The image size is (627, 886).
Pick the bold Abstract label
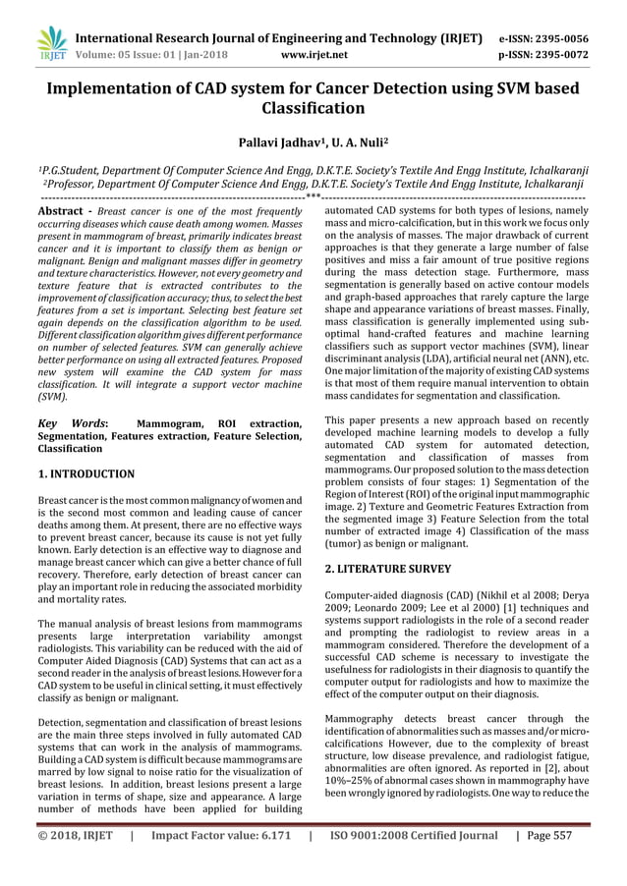click(62, 211)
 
